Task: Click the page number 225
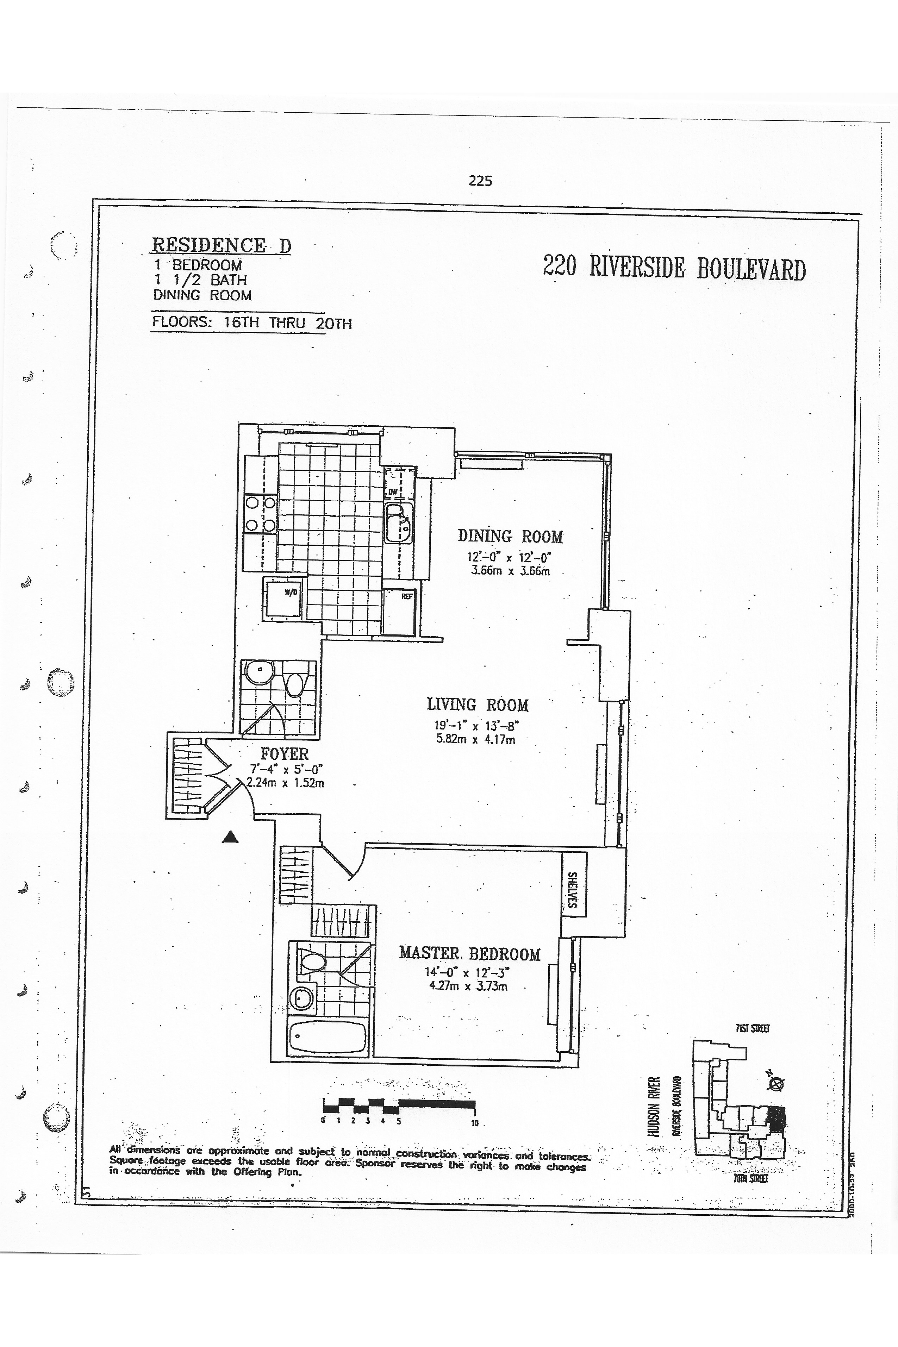[x=480, y=181]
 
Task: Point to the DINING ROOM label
[x=510, y=537]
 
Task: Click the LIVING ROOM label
[x=478, y=705]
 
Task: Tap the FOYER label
[x=285, y=753]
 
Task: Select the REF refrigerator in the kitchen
[x=407, y=596]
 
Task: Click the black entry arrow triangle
[x=230, y=838]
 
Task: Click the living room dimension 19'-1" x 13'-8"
[x=476, y=726]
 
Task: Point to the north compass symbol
[x=776, y=1083]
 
